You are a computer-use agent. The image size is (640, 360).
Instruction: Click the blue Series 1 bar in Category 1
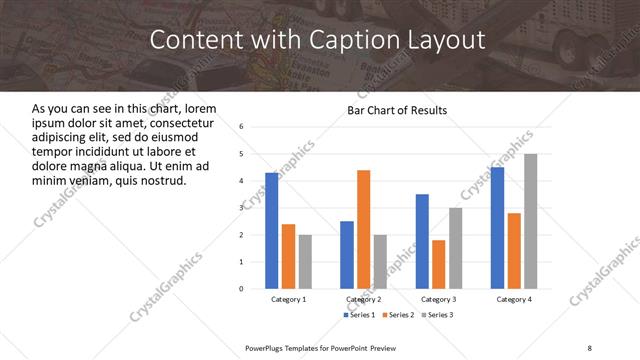[272, 230]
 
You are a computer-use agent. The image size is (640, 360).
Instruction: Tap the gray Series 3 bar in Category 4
[530, 221]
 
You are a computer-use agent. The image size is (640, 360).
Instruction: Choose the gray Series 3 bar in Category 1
[304, 261]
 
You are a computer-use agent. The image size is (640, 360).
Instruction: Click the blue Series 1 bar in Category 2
[347, 254]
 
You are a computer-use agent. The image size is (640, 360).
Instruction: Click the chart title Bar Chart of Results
[397, 110]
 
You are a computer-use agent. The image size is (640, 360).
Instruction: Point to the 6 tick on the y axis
[242, 127]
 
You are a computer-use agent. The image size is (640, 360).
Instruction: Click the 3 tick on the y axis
[242, 208]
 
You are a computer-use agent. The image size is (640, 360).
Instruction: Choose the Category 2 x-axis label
[363, 299]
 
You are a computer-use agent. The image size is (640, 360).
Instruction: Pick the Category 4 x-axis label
[514, 299]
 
